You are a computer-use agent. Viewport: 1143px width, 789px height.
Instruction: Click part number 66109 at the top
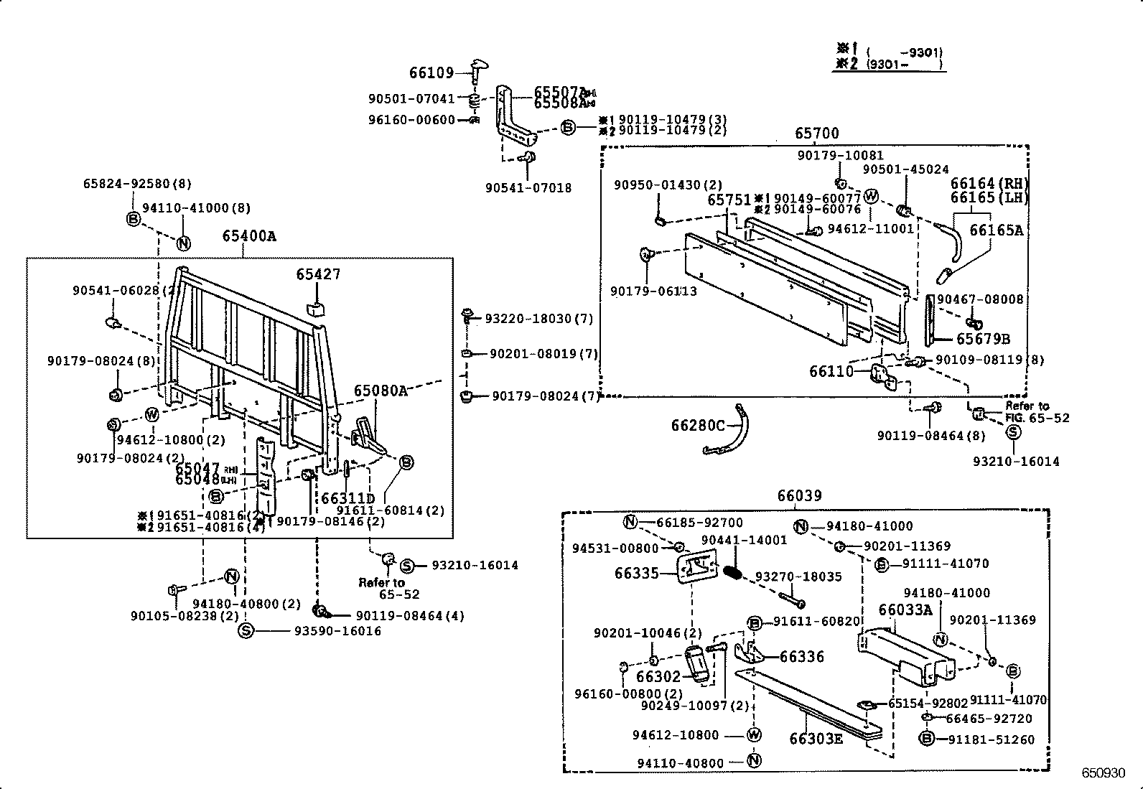click(x=431, y=73)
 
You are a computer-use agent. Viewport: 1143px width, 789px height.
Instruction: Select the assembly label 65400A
click(x=249, y=236)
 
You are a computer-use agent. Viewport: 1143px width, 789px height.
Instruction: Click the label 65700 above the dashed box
click(x=816, y=134)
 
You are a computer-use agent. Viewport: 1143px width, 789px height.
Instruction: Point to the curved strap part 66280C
click(x=732, y=438)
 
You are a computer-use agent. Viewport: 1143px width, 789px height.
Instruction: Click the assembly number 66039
click(x=799, y=496)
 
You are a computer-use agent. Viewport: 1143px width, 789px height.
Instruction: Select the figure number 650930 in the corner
click(x=1104, y=773)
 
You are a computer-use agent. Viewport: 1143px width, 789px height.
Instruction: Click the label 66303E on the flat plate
click(x=816, y=739)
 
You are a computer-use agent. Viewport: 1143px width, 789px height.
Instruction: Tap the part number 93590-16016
click(x=338, y=631)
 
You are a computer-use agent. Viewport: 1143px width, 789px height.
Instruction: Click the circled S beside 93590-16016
click(x=246, y=631)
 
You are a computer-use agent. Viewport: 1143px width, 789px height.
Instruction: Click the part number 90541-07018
click(x=528, y=188)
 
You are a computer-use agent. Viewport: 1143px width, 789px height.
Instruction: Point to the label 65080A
click(x=380, y=391)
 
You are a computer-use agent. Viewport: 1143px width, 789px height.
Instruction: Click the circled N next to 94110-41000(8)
click(x=183, y=243)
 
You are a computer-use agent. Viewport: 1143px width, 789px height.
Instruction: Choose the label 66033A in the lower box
click(x=905, y=610)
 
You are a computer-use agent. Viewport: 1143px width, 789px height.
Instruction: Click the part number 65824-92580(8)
click(x=136, y=184)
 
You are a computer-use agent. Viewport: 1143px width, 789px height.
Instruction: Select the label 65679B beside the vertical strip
click(x=983, y=339)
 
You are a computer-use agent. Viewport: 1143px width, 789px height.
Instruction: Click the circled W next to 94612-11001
click(x=871, y=196)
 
